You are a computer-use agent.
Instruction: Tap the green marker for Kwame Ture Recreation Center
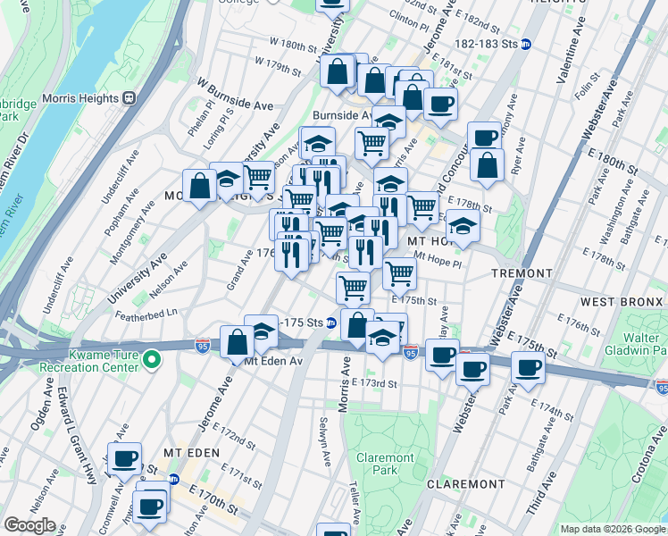coord(152,360)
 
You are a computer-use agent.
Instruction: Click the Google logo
coord(29,525)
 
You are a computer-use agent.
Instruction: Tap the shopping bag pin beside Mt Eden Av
coord(238,341)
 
